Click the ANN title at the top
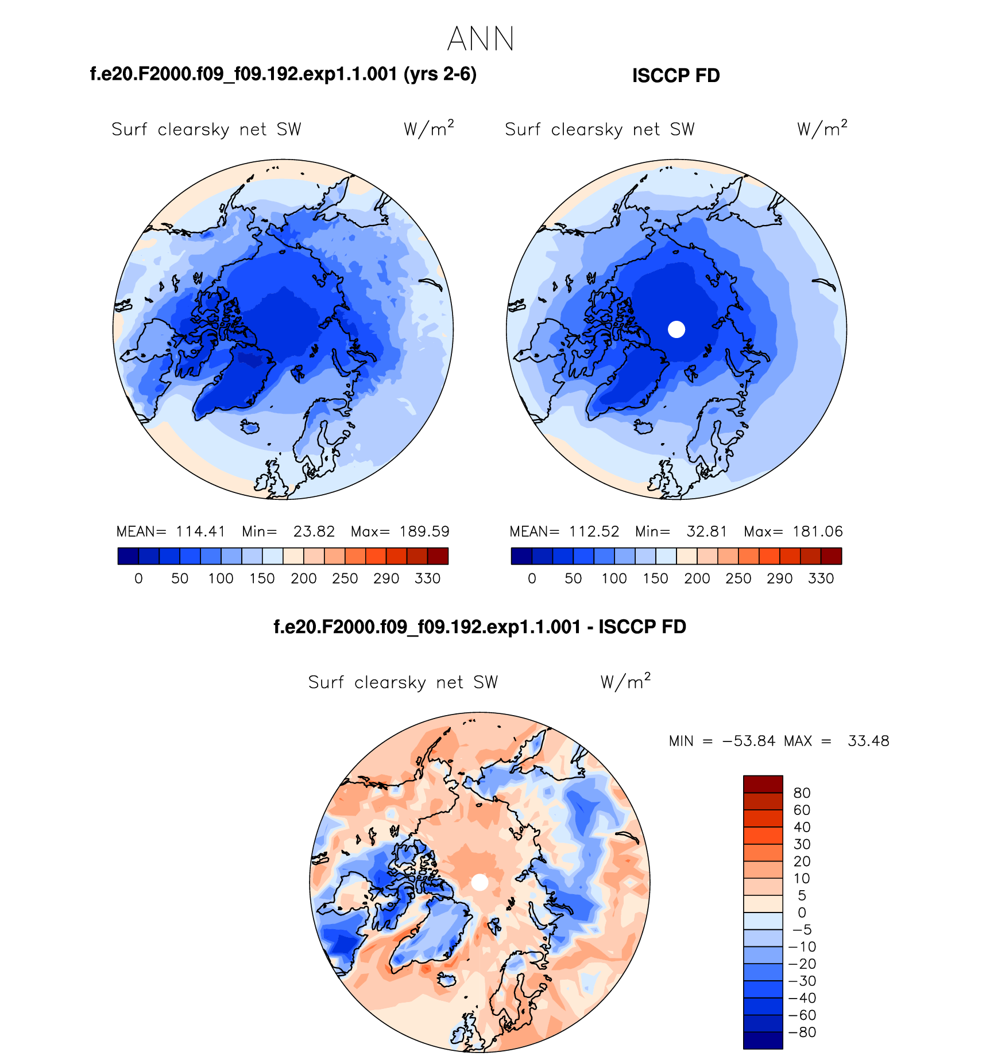[x=480, y=39]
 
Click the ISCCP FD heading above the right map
[x=676, y=76]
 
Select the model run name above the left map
[x=283, y=75]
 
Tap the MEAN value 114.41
[x=200, y=531]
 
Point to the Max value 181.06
[x=818, y=531]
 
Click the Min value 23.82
[x=314, y=531]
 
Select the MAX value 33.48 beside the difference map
[x=868, y=741]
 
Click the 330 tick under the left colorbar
[x=427, y=579]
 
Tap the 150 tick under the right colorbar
[x=655, y=579]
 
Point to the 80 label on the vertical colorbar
[x=802, y=793]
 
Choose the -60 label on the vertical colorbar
[x=802, y=1015]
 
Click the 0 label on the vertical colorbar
[x=802, y=912]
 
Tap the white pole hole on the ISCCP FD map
[x=676, y=329]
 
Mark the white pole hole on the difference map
[x=480, y=882]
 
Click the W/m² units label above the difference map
[x=625, y=681]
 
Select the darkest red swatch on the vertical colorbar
[x=763, y=784]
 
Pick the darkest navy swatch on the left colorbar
[x=128, y=556]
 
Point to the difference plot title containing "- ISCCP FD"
[x=480, y=627]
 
